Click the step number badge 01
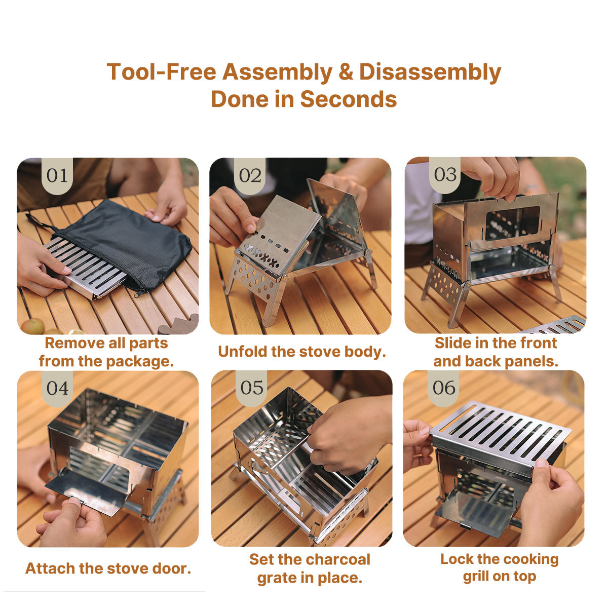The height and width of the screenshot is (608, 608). pyautogui.click(x=57, y=176)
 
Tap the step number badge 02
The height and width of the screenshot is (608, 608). pyautogui.click(x=250, y=176)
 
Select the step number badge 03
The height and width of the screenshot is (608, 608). pyautogui.click(x=445, y=175)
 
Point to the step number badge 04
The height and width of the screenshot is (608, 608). pyautogui.click(x=57, y=388)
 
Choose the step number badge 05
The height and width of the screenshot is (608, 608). pyautogui.click(x=252, y=388)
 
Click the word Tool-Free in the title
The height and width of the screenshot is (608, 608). pyautogui.click(x=161, y=72)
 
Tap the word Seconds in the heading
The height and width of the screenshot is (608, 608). pyautogui.click(x=348, y=99)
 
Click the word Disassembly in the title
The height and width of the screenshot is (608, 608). pyautogui.click(x=430, y=72)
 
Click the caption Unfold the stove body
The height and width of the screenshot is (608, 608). pyautogui.click(x=301, y=351)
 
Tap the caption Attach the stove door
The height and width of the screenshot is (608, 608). pyautogui.click(x=108, y=568)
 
